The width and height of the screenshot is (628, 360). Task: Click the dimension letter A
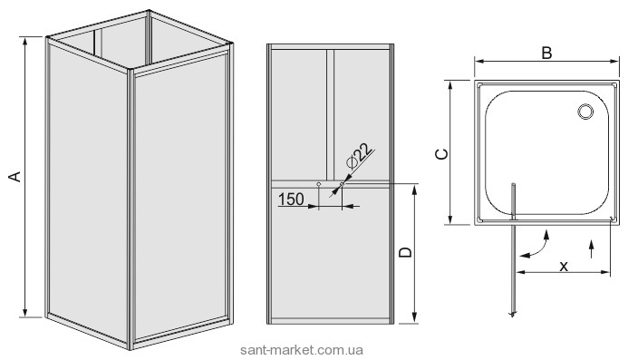tap(15, 177)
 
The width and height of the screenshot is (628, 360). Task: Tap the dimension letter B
tap(546, 53)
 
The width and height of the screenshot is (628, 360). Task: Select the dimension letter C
tap(441, 154)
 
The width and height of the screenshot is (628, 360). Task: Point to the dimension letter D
tap(406, 252)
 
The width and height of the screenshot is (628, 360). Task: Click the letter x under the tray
tap(564, 266)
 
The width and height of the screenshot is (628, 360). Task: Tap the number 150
tap(291, 199)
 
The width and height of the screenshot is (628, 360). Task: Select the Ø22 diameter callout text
tap(357, 156)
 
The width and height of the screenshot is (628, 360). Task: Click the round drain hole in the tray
tap(585, 111)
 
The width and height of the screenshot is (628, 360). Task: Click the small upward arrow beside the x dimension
tap(592, 249)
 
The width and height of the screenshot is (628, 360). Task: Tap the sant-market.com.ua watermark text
tap(302, 350)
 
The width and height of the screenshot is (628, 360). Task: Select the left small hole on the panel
tap(318, 184)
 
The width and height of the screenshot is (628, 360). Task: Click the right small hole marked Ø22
tap(342, 184)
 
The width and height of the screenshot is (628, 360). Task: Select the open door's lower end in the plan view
tap(513, 315)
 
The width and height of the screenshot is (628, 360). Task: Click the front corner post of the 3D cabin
tap(130, 209)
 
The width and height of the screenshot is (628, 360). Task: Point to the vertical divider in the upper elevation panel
tap(330, 114)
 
